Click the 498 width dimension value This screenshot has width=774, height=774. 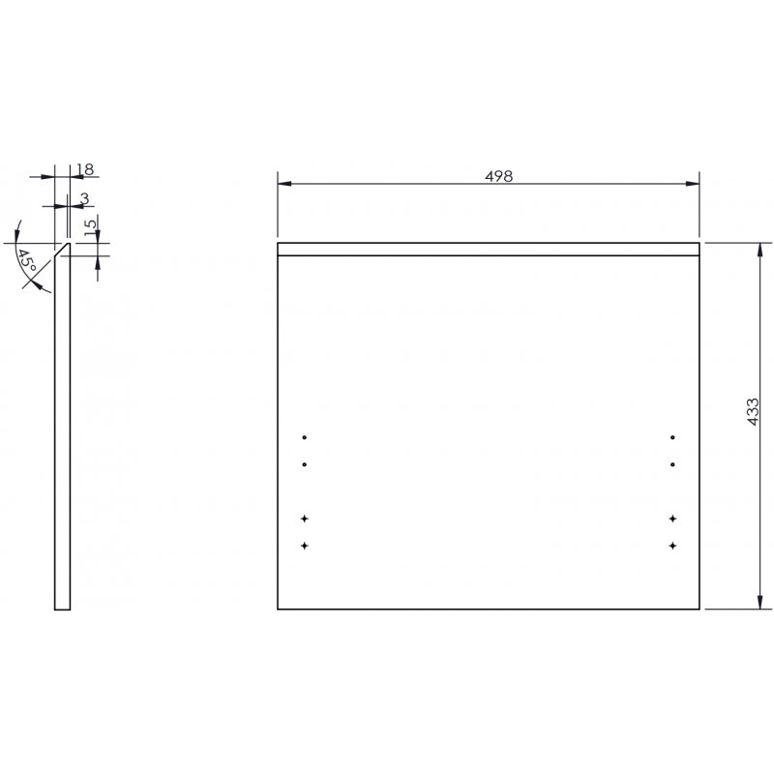pos(499,176)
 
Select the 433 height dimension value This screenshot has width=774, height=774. pos(753,411)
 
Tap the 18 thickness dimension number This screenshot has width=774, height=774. pos(84,169)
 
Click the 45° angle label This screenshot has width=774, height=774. pos(28,262)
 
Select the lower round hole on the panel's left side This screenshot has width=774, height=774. pos(305,464)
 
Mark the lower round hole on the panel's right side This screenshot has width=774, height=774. pos(671,464)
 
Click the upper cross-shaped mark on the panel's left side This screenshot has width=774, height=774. pos(305,520)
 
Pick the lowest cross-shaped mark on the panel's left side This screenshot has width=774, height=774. pos(305,547)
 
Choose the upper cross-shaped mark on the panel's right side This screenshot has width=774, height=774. pos(671,520)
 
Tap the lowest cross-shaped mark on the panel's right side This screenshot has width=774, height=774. pos(671,547)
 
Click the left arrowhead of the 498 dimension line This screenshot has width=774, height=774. pos(283,184)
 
